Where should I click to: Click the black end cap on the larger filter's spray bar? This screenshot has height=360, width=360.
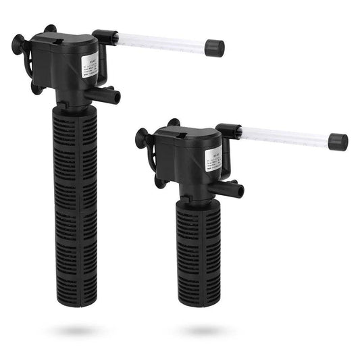click(215, 47)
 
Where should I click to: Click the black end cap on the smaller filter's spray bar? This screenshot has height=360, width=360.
click(338, 142)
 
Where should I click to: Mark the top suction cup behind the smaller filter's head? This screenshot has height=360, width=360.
click(174, 124)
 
